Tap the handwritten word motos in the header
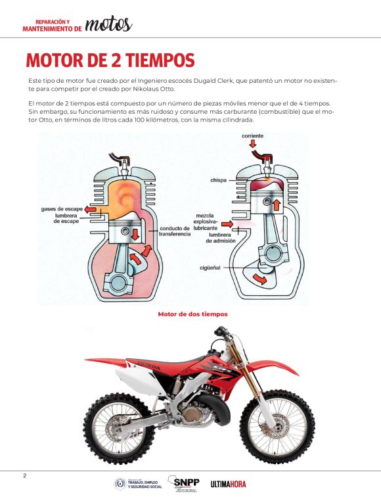click(108, 24)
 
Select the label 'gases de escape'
click(62, 209)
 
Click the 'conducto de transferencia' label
click(175, 231)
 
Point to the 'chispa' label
click(218, 180)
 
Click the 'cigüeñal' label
click(210, 268)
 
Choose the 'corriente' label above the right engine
click(252, 136)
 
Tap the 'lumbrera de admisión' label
click(221, 238)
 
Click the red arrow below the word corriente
click(253, 144)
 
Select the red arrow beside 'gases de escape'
click(90, 209)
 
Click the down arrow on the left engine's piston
click(135, 235)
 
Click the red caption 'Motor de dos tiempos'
click(192, 314)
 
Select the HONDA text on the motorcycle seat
click(148, 366)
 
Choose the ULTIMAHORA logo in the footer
click(228, 484)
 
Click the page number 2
click(25, 476)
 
